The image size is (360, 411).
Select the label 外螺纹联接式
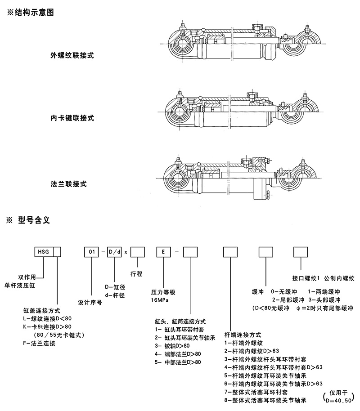72,56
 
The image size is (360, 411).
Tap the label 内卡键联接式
72,118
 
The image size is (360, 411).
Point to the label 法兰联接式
68,184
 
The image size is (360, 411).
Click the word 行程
136,273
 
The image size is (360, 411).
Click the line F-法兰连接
39,343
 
